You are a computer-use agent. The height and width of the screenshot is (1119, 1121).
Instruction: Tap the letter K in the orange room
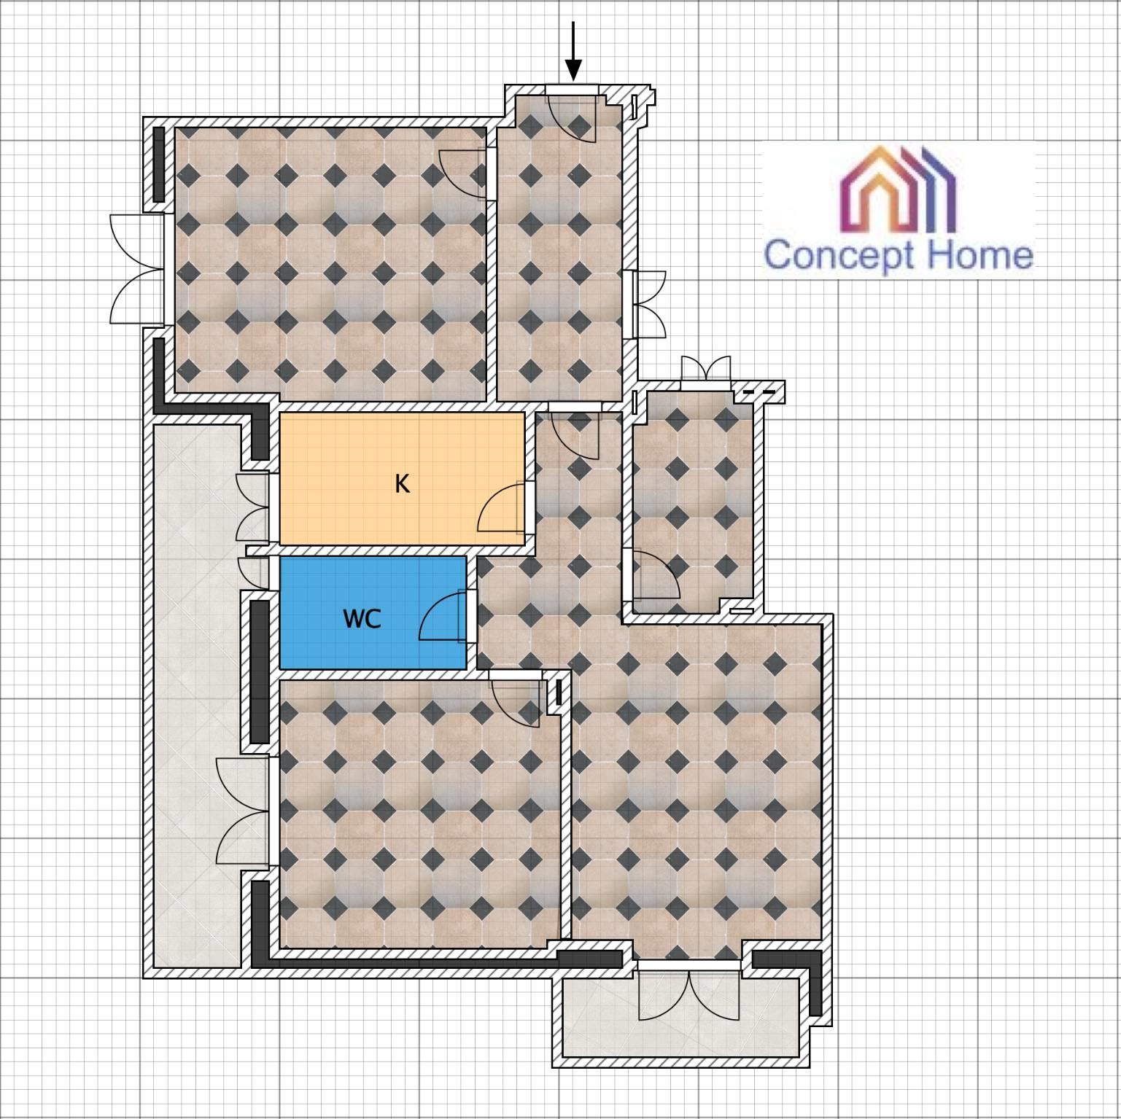click(402, 483)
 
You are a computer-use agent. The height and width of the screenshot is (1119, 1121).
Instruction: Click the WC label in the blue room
click(362, 619)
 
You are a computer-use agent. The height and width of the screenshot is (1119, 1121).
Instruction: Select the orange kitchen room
click(402, 478)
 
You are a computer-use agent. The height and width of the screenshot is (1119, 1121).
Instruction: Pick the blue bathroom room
click(373, 613)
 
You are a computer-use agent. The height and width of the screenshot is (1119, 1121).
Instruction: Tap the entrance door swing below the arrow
click(573, 117)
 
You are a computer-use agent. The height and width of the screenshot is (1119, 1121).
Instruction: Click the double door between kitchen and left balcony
click(253, 508)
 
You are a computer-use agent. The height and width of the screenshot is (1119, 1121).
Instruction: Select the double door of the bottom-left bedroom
click(243, 811)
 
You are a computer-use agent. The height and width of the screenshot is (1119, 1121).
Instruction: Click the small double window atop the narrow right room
click(705, 368)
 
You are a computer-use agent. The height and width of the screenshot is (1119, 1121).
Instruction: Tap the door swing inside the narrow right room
click(655, 574)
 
